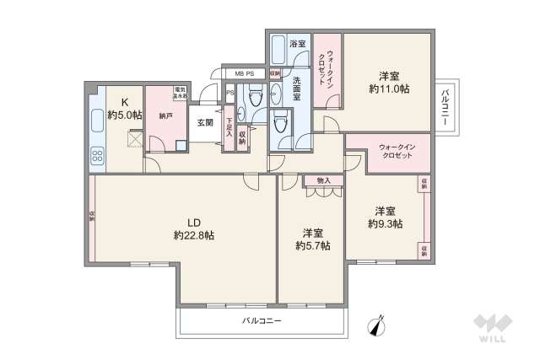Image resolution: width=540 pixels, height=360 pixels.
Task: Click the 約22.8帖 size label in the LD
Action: (193, 235)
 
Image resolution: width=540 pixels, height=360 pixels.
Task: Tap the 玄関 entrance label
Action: (205, 123)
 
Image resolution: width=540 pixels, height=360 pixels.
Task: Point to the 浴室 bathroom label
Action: (297, 42)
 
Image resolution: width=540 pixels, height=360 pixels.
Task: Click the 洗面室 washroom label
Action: (297, 88)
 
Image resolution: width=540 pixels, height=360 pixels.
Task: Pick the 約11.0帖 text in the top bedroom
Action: (389, 87)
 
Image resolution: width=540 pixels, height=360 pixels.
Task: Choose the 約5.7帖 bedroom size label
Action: (313, 245)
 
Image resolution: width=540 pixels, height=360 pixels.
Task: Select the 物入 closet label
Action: (324, 180)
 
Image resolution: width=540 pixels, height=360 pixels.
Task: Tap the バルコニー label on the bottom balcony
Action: (261, 321)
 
